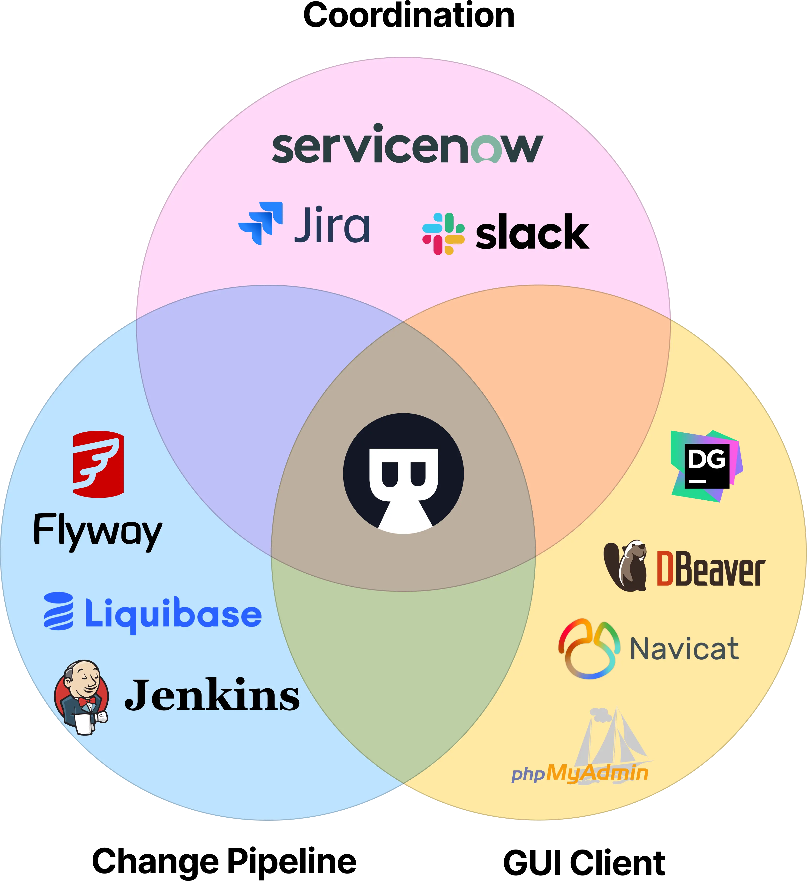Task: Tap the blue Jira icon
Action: pyautogui.click(x=261, y=223)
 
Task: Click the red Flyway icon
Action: pyautogui.click(x=98, y=464)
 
